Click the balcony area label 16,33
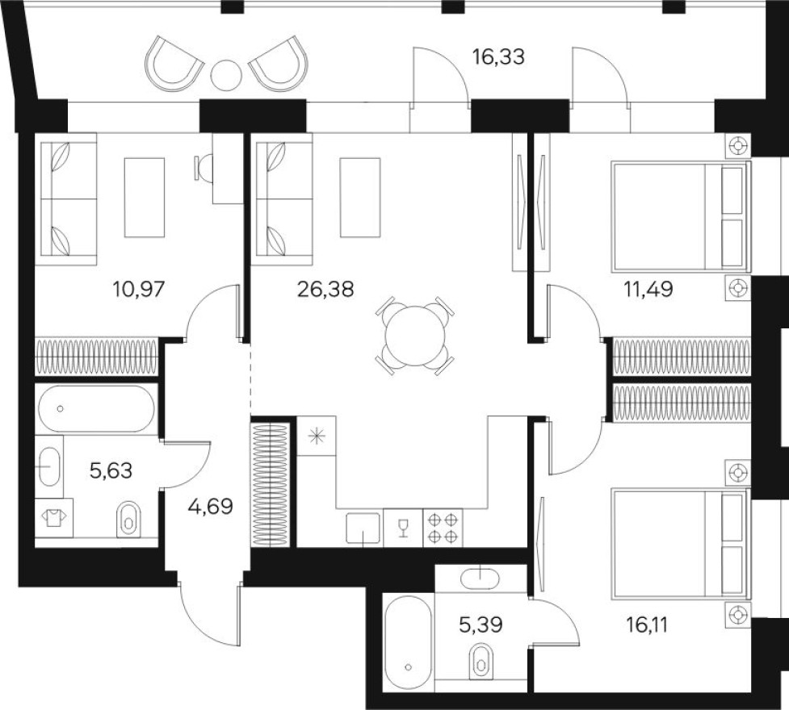[499, 57]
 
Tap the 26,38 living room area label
[325, 289]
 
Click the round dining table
[415, 336]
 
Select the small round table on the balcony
[225, 75]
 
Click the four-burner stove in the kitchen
[443, 528]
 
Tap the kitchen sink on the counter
[363, 528]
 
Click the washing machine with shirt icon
[54, 517]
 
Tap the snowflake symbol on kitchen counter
[316, 436]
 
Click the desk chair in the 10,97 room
[202, 168]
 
